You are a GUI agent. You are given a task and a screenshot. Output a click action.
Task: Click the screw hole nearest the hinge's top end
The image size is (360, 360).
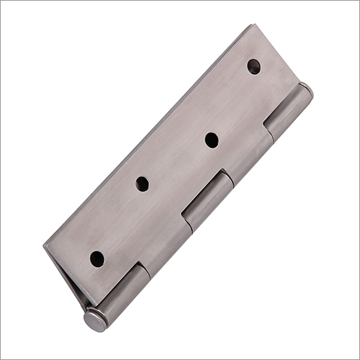coord(253,67)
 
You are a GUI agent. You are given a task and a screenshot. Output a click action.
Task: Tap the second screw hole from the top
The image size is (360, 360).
coord(212,140)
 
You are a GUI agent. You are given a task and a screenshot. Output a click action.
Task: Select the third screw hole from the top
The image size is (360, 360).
coord(142,184)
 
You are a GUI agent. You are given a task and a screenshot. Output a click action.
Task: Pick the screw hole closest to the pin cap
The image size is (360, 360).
coord(96,258)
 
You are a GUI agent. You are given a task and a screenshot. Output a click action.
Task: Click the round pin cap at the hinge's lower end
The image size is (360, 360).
coord(95,320)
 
